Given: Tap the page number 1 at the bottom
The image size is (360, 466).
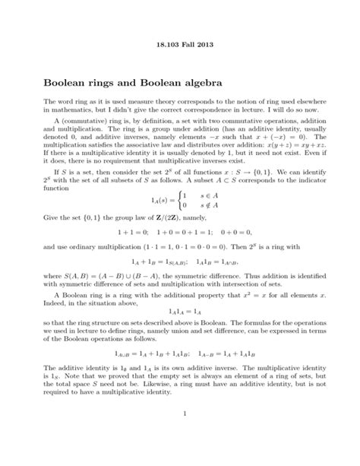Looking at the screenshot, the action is [180, 435].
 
